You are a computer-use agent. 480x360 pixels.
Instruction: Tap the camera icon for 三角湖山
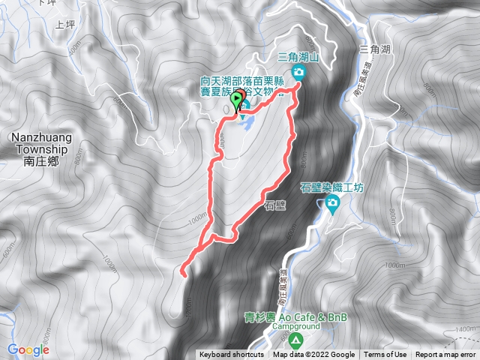[x=299, y=73]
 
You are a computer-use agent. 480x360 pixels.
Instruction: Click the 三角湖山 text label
[x=299, y=56]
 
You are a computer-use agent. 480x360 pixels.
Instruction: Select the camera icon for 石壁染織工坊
[x=332, y=203]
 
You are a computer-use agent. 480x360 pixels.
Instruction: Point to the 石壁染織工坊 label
[x=331, y=188]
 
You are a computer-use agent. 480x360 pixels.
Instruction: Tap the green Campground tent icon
[x=296, y=341]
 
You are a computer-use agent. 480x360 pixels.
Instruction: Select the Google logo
[x=28, y=349]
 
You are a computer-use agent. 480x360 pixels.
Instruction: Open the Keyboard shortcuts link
[x=231, y=355]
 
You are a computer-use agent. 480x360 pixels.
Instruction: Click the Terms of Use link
[x=385, y=355]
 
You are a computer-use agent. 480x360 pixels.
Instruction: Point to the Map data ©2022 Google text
[x=313, y=355]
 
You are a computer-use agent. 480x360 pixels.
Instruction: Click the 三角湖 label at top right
[x=375, y=49]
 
